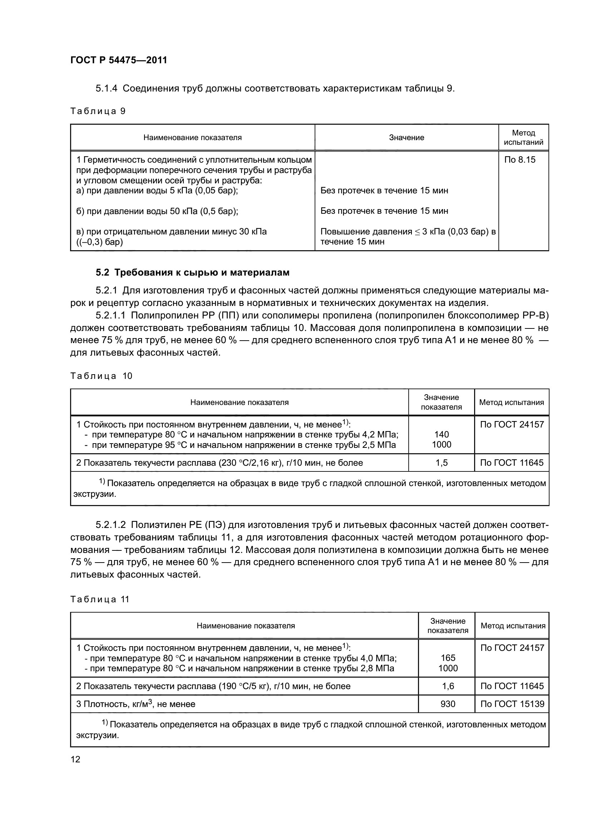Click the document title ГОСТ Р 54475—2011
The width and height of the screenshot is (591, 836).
point(118,60)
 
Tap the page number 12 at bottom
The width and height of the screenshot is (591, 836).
point(75,759)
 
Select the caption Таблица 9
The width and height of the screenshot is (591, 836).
point(98,111)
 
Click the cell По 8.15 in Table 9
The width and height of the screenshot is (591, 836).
point(519,159)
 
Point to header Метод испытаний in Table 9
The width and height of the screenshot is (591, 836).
point(523,138)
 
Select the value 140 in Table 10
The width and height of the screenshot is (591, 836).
point(441,434)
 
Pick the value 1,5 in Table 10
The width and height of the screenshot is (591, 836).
point(441,463)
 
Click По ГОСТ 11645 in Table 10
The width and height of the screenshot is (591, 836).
point(512,463)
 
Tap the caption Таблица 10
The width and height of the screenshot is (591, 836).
point(101,376)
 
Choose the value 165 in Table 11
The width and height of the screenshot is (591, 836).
point(448,658)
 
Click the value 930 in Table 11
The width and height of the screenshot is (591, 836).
point(448,704)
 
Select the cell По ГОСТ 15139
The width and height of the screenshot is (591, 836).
point(512,704)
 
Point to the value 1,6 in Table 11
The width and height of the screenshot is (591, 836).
point(448,686)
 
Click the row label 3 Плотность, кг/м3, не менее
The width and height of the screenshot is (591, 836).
point(136,704)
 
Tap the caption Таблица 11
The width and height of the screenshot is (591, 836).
point(99,599)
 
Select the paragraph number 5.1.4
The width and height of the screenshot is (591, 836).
point(106,89)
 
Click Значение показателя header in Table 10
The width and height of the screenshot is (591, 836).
point(441,402)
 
